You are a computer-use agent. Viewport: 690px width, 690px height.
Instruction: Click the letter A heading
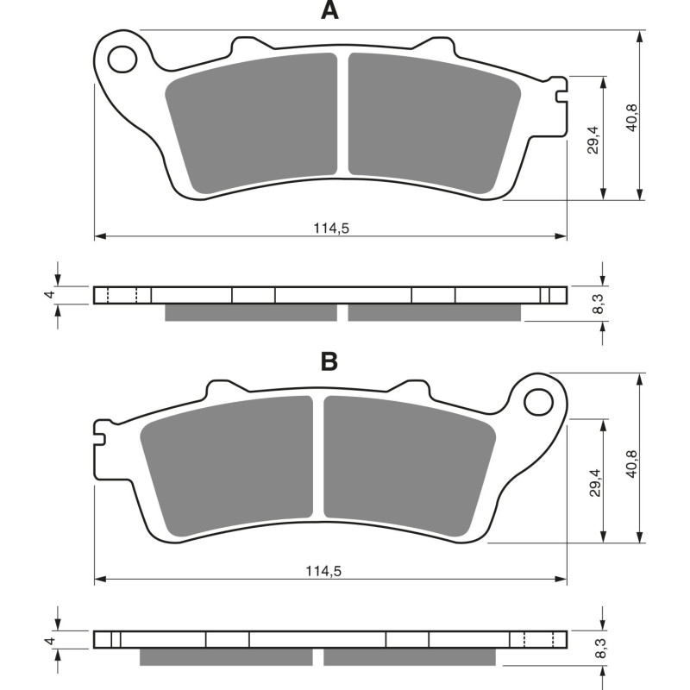(329, 11)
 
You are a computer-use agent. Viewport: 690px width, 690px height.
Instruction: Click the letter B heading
(329, 361)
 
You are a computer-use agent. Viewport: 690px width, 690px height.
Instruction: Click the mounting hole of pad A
(122, 58)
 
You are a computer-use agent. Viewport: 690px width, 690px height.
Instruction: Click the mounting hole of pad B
(539, 400)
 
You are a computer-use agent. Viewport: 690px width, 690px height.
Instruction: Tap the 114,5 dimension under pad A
(330, 229)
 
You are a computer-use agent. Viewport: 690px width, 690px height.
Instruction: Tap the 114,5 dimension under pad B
(330, 571)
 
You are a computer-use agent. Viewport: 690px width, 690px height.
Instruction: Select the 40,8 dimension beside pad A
(632, 116)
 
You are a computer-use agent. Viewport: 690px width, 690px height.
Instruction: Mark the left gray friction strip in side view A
(250, 312)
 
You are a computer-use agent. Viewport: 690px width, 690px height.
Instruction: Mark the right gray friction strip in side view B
(410, 657)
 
